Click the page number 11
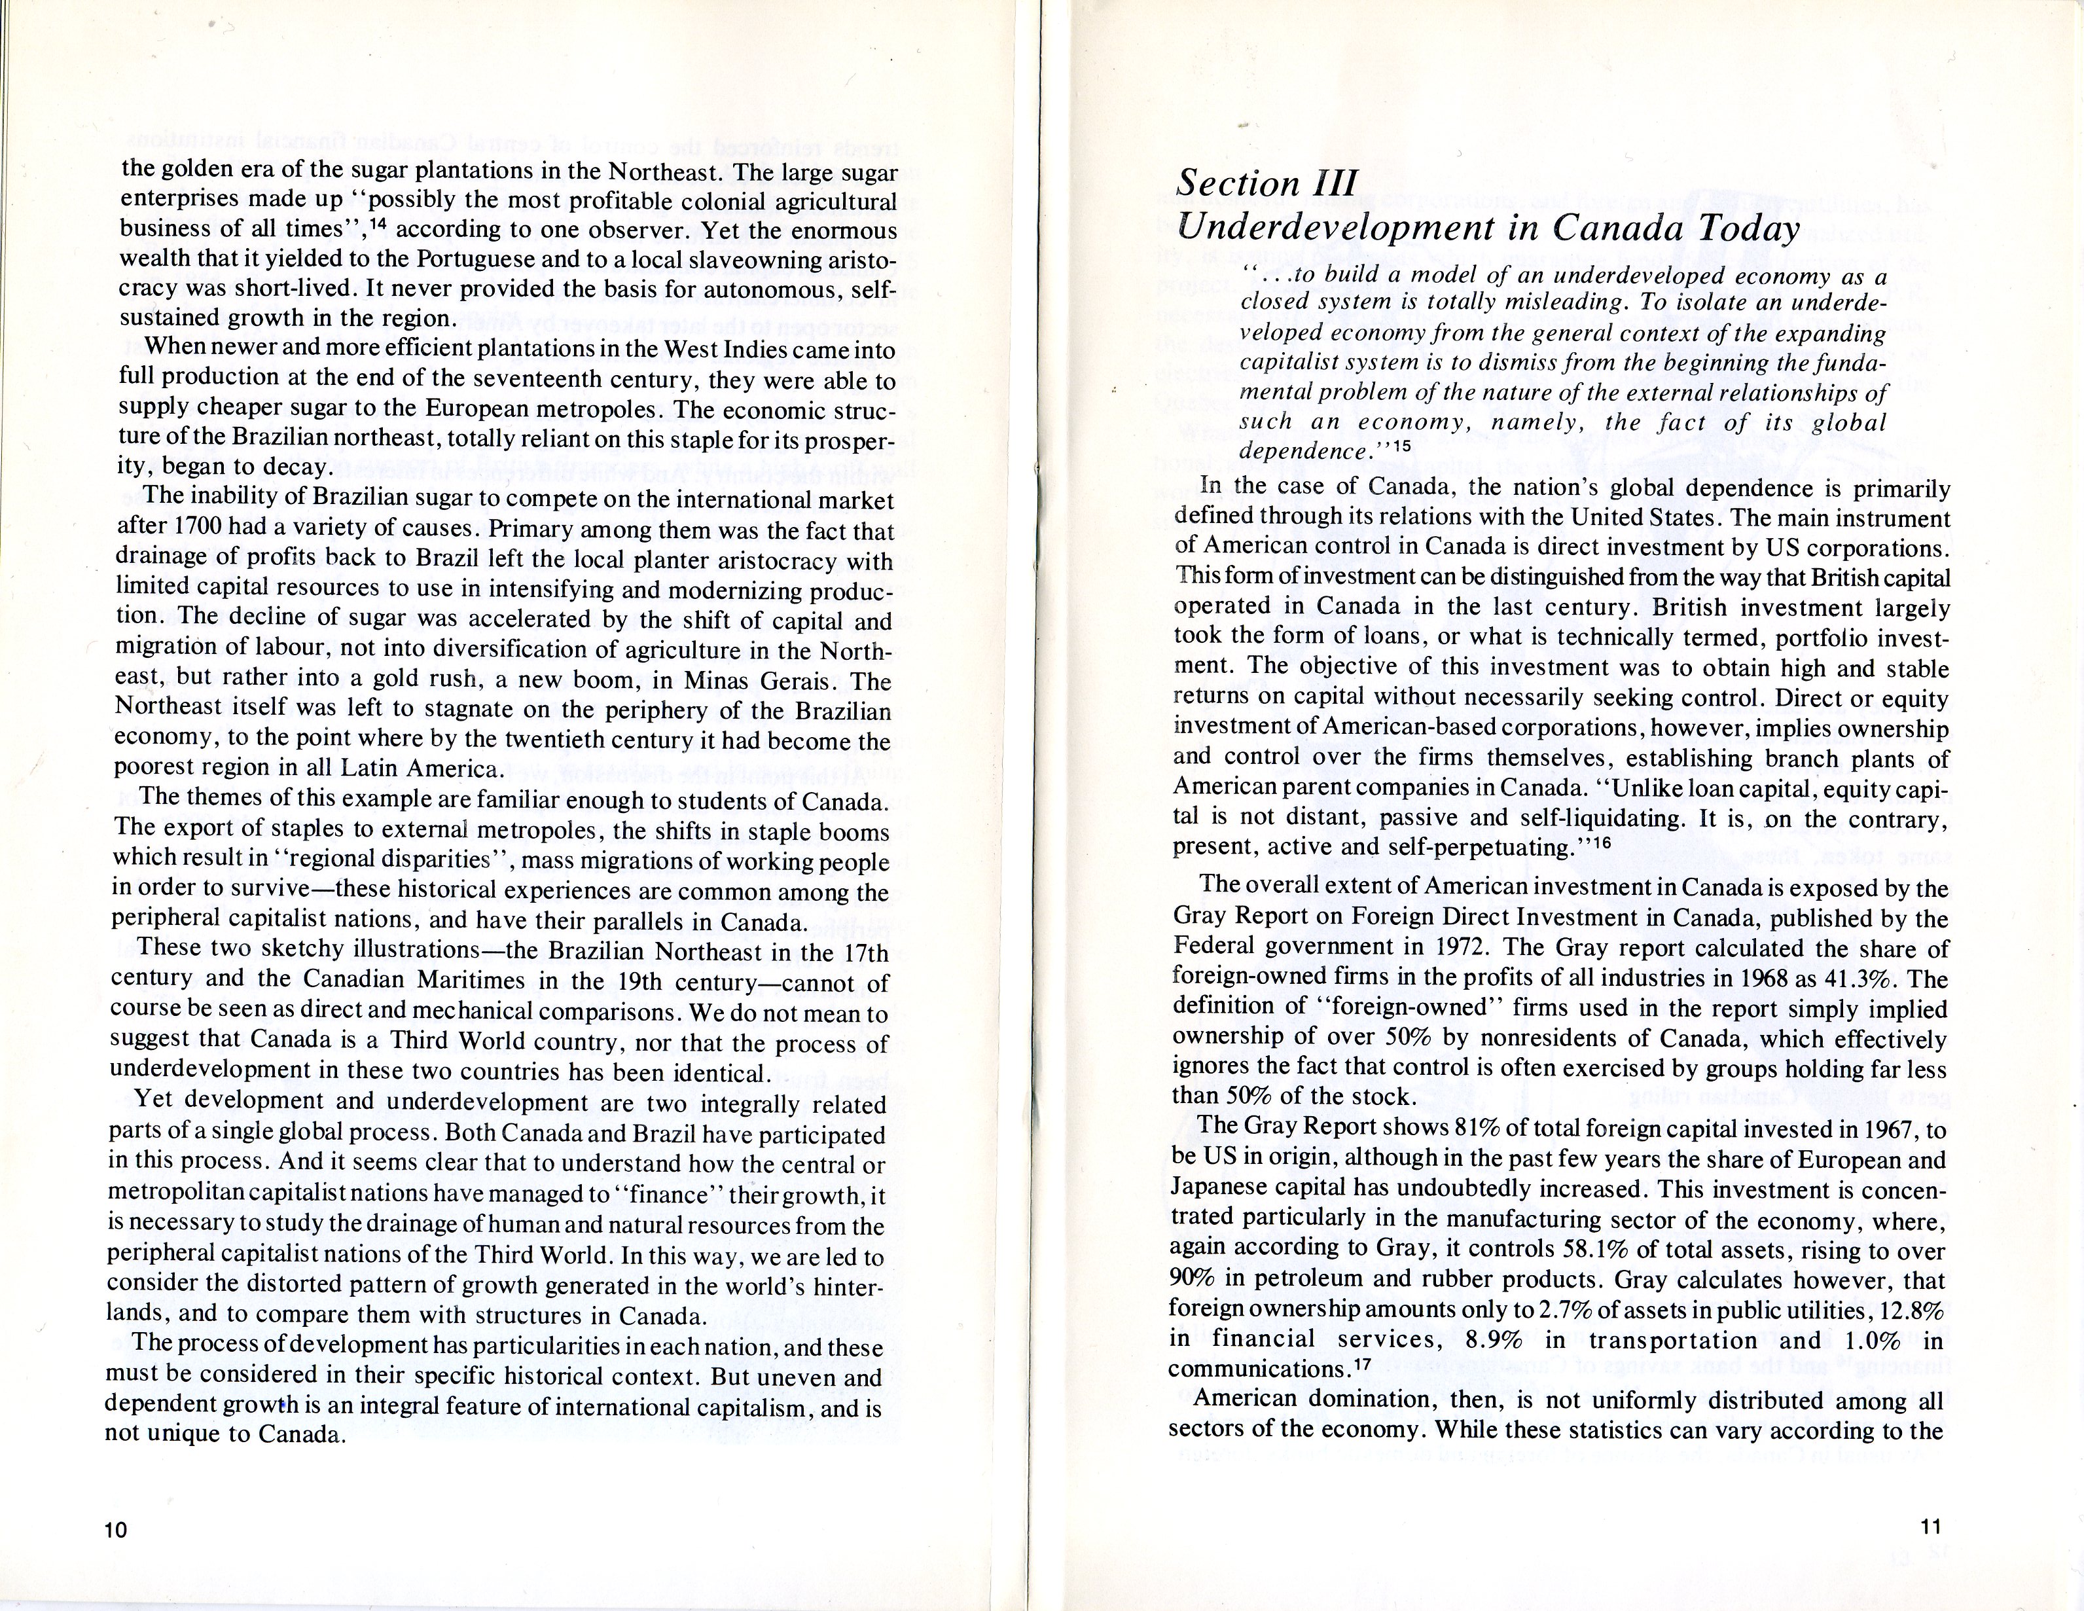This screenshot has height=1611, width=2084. click(1930, 1526)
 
